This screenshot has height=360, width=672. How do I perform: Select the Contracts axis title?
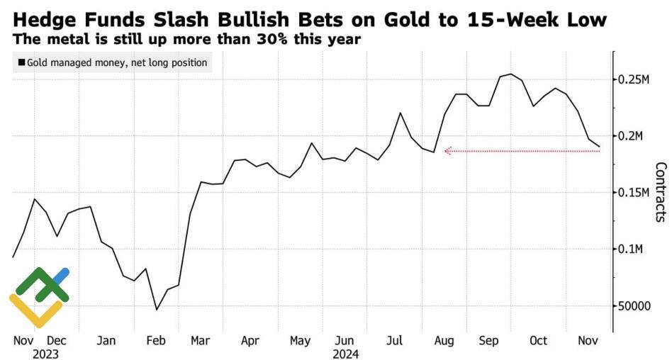tap(660, 192)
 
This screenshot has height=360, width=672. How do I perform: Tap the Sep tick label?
tap(489, 340)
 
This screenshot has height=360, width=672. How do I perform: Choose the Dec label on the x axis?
tap(57, 340)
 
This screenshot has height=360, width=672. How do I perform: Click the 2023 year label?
tap(45, 354)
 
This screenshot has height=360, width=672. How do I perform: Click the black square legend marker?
tap(22, 63)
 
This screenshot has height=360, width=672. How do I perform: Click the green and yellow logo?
tap(39, 296)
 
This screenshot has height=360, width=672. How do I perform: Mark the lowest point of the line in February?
tap(157, 309)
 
